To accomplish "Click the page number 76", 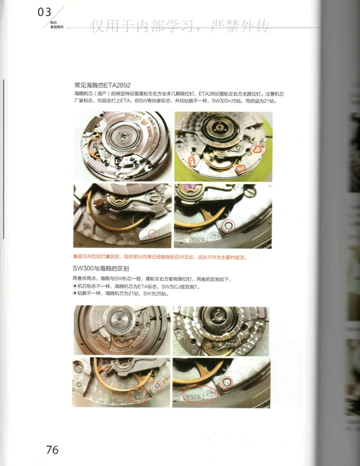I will point(52,449).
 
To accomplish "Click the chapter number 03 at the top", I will point(45,12).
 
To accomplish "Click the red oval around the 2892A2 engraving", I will point(199,396).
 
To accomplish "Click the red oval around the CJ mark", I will point(137,394).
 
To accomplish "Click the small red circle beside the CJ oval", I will point(157,385).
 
